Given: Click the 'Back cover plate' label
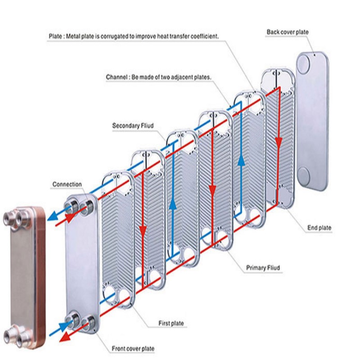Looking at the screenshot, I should coord(288,32).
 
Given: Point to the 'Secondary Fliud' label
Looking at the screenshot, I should coord(133,126).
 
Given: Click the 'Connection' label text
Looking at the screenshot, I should coord(67,184).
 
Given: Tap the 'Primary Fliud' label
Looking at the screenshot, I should coord(263,268).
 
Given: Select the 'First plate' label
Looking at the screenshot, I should coord(171,323).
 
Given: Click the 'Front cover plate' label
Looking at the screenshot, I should coord(133,349).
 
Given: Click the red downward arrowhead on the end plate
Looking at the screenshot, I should coord(279,144).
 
